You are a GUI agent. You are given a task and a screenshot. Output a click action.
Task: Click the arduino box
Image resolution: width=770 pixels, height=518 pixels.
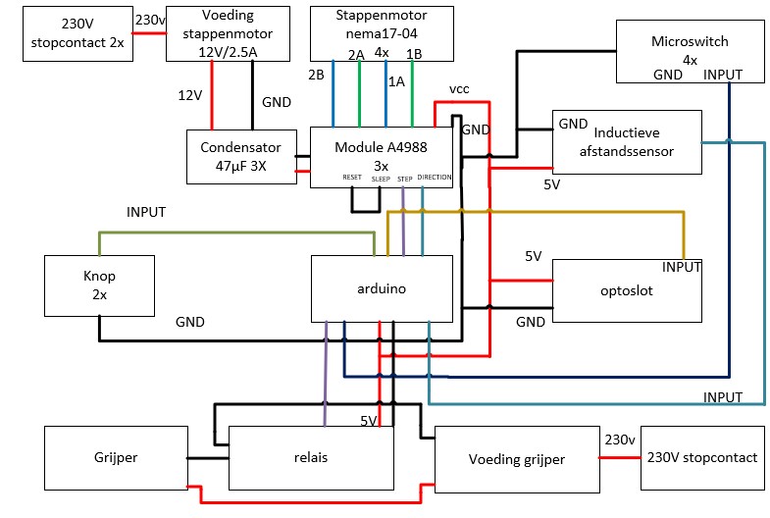click(382, 288)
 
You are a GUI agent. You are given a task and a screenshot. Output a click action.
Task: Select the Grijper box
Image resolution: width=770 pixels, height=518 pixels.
click(117, 458)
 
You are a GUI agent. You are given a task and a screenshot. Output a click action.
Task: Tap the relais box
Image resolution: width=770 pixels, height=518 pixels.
click(311, 458)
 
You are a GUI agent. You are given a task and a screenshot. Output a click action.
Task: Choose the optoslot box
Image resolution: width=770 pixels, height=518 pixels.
click(627, 289)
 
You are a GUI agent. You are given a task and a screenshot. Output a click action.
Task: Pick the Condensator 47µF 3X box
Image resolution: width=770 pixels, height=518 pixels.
click(241, 156)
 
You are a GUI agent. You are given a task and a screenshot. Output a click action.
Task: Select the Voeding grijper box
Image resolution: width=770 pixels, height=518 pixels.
click(515, 458)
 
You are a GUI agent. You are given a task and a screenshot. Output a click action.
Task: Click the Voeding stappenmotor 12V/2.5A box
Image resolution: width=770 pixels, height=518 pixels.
click(229, 33)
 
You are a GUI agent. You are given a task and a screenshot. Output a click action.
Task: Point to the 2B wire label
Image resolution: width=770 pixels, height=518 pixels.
click(316, 75)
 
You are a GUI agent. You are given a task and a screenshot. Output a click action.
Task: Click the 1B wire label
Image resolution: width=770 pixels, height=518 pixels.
click(414, 53)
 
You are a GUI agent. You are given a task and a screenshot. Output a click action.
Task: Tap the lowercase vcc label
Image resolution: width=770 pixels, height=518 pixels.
click(459, 89)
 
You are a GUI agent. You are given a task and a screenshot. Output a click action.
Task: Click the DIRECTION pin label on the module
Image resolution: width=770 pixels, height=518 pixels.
click(435, 178)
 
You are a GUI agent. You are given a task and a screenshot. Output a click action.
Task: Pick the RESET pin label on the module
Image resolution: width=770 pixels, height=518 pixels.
click(352, 178)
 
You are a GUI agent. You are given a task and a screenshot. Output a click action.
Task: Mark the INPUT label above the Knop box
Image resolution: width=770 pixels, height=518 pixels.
click(146, 212)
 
